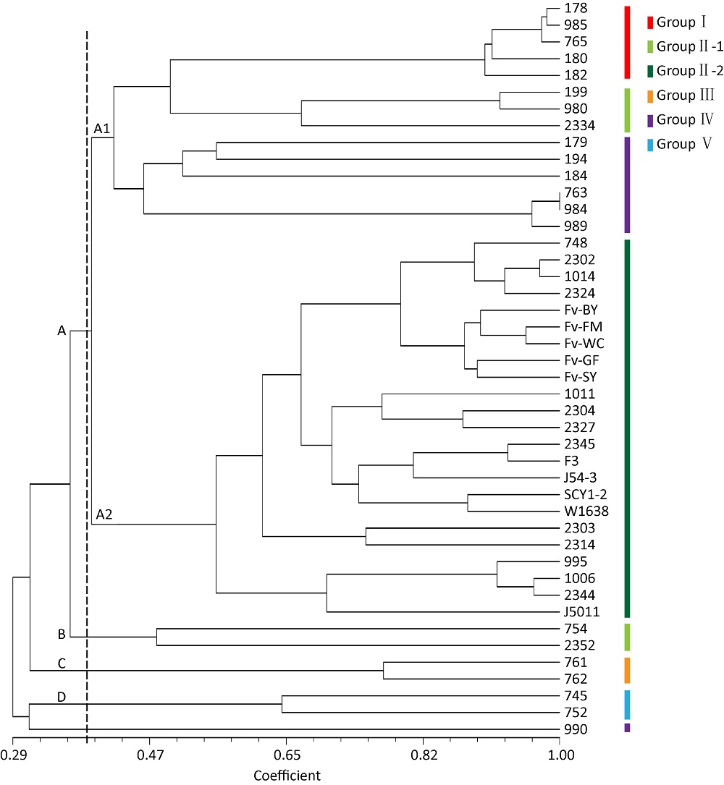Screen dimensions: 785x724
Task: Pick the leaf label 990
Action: point(576,729)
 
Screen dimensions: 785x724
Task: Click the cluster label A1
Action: point(102,129)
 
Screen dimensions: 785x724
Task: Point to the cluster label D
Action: point(62,697)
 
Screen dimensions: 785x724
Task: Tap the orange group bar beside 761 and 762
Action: point(627,670)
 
